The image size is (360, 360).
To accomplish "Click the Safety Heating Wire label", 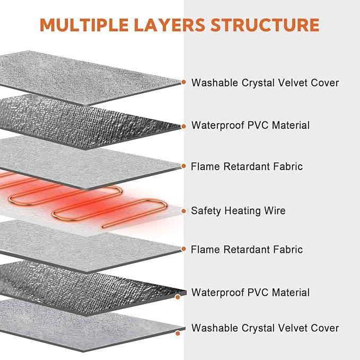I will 238,211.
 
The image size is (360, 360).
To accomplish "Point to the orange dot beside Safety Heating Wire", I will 183,211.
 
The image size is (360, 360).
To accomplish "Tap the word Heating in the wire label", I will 242,211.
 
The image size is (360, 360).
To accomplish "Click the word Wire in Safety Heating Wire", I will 275,211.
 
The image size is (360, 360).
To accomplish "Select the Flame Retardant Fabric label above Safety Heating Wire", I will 247,166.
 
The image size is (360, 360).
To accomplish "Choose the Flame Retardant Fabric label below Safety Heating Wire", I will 247,249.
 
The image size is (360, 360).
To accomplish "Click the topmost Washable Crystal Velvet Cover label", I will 265,83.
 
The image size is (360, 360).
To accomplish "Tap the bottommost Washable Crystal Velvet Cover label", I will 265,328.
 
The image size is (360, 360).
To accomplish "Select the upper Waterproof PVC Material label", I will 250,126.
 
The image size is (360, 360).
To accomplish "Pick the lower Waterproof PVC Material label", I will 250,292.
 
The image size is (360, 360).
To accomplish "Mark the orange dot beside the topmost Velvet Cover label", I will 183,82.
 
